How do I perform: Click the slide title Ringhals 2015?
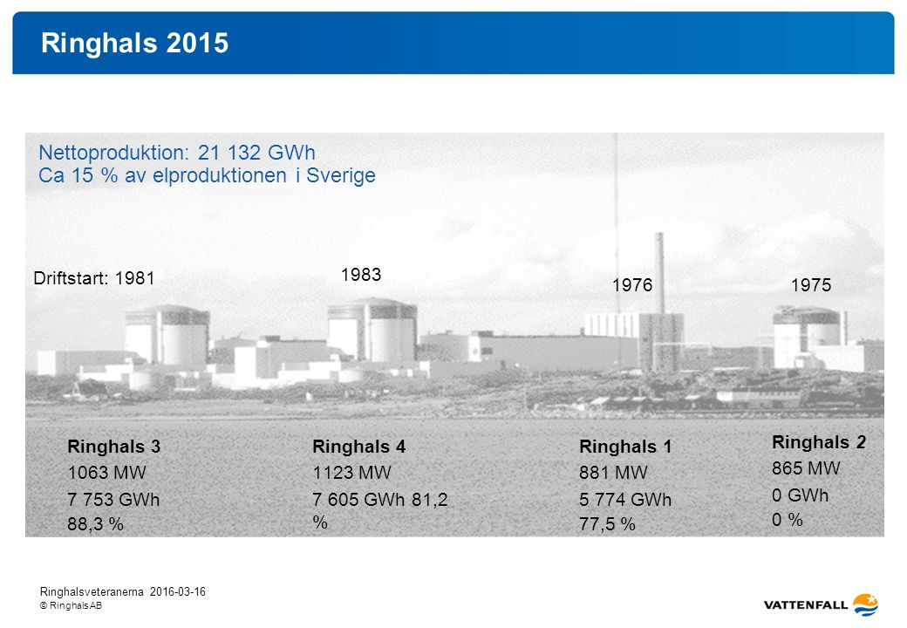[x=135, y=43]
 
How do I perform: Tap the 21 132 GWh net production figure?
[x=256, y=153]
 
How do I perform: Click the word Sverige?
[x=341, y=175]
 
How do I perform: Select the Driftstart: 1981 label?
[x=93, y=278]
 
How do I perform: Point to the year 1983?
[x=361, y=274]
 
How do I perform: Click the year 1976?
[x=632, y=285]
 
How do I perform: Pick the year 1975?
[x=811, y=285]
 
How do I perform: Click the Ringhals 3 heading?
[x=114, y=447]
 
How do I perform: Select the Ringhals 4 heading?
[x=358, y=447]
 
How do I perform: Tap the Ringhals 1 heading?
[x=625, y=447]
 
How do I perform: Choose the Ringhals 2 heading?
[x=819, y=442]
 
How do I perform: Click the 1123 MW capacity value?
[x=351, y=473]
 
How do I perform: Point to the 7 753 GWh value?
[x=113, y=500]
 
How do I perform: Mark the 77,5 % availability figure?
[x=607, y=524]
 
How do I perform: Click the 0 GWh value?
[x=800, y=495]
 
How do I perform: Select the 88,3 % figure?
[x=95, y=524]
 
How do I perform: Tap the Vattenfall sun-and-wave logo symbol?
[x=866, y=604]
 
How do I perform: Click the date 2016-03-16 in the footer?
[x=178, y=591]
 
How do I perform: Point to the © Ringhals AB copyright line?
[x=72, y=605]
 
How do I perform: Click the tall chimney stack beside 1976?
[x=659, y=273]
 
